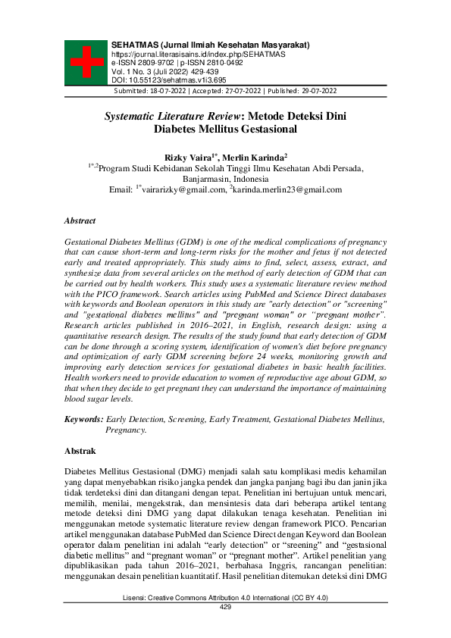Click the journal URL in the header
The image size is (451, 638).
pos(198,55)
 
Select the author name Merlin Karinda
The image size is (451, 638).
pos(258,155)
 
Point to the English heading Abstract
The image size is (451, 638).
pos(80,220)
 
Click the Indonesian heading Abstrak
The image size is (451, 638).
pos(80,451)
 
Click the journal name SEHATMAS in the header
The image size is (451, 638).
pos(136,45)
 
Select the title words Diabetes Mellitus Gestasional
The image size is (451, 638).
pos(224,130)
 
